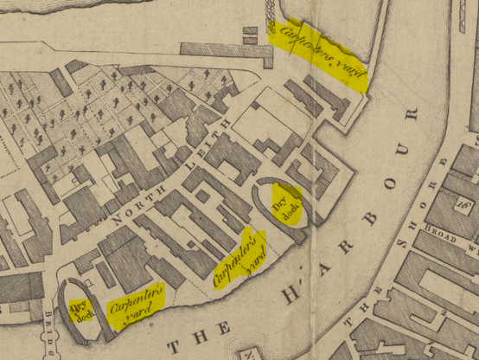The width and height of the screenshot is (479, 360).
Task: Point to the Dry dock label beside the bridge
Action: [79, 309]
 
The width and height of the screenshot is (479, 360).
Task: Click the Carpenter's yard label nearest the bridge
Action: [134, 306]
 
